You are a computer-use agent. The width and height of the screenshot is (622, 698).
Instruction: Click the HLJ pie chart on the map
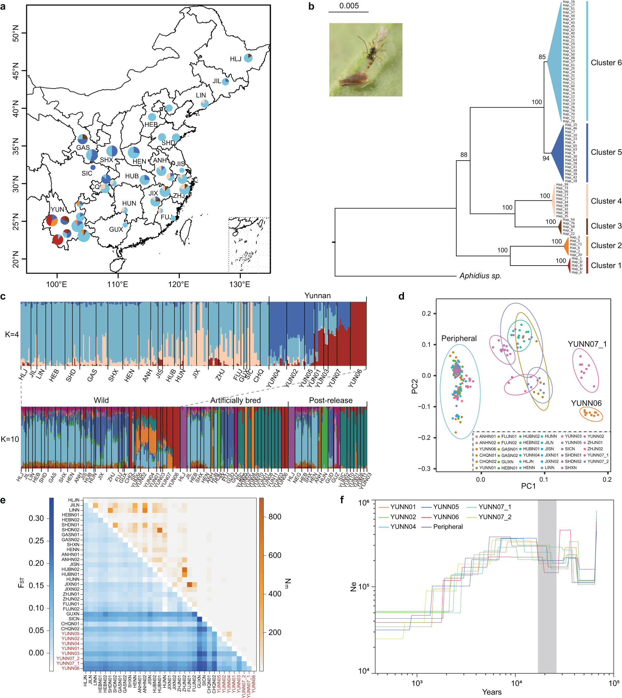248,58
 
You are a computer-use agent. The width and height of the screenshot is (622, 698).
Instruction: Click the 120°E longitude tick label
179,285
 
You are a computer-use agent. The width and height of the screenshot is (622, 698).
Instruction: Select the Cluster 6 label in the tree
606,62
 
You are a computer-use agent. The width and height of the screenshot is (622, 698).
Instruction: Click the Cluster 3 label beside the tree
606,226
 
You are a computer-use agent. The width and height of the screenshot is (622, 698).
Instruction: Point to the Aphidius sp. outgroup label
480,276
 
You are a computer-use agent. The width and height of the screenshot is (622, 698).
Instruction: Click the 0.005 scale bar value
349,6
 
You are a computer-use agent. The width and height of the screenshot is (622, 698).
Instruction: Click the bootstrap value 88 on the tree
464,155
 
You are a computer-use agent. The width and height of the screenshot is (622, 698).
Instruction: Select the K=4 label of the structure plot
12,334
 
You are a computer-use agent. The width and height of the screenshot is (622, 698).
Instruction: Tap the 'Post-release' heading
330,400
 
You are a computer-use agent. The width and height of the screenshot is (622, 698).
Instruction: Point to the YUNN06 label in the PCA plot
586,403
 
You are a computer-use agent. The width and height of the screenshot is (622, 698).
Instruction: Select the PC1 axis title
528,486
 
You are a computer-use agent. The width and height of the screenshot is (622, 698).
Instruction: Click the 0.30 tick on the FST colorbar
36,518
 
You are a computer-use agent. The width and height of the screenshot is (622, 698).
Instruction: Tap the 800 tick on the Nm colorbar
275,517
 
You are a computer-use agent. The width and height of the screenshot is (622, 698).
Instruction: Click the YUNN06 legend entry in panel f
446,517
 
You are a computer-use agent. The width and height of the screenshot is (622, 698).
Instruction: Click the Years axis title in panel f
491,692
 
